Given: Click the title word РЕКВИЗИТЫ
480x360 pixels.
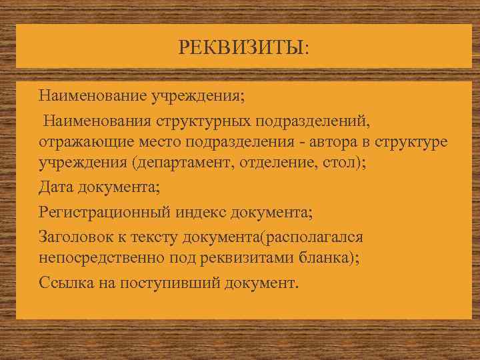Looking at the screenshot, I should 243,47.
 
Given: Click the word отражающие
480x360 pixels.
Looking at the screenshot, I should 80,143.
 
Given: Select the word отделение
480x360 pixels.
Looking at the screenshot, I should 281,165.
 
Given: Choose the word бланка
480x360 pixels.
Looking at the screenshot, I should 322,259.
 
